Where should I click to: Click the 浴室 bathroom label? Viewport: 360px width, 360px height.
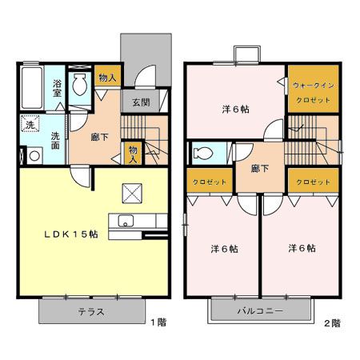click(58, 87)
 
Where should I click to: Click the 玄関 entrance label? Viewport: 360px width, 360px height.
click(141, 102)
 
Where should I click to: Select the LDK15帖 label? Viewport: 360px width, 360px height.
click(70, 234)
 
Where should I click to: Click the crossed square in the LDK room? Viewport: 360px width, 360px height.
click(130, 192)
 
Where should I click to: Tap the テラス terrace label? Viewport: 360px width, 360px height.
click(91, 311)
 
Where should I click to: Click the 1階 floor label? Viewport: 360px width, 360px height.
click(158, 322)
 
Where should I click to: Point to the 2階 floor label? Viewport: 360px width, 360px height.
click(331, 323)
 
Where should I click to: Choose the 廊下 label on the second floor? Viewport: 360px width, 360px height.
click(258, 169)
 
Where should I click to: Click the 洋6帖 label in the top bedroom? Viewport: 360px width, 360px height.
click(234, 109)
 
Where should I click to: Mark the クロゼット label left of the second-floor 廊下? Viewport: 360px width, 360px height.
click(210, 182)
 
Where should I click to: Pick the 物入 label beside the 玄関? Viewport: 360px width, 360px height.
click(106, 78)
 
